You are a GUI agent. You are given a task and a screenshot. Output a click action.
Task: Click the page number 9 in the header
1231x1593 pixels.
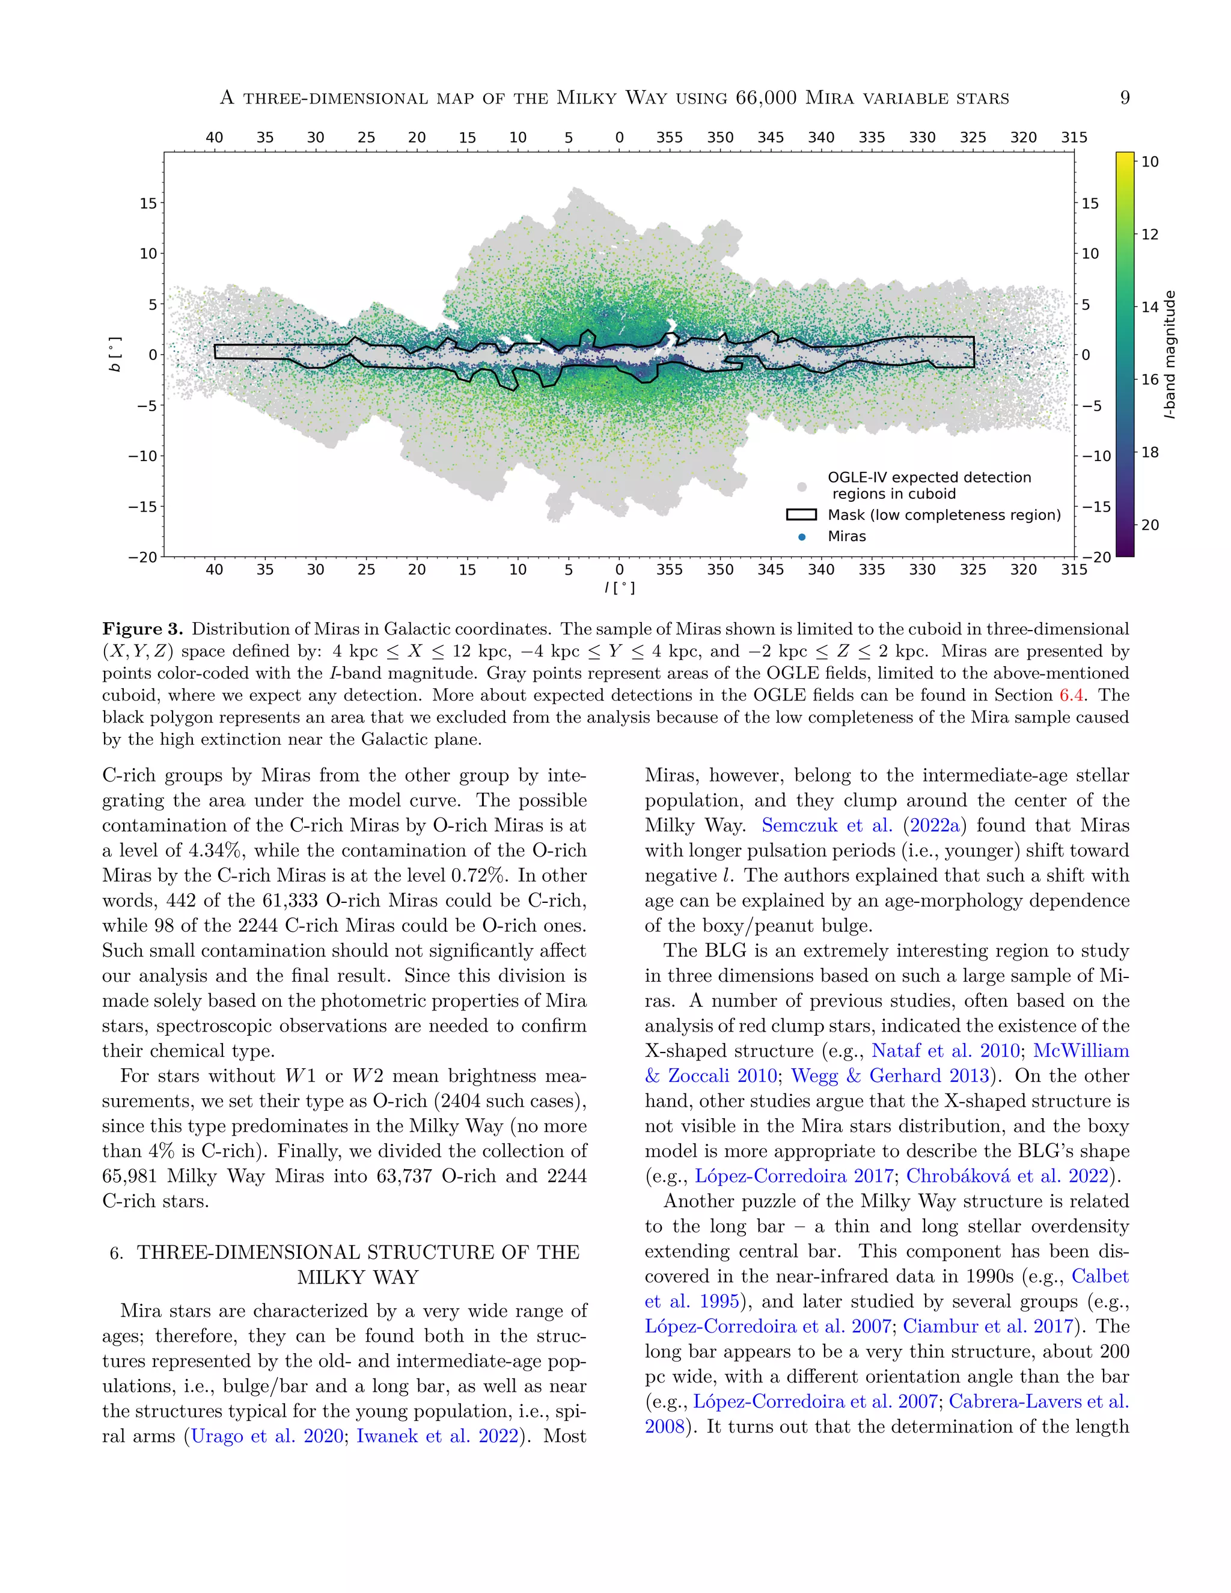(1125, 98)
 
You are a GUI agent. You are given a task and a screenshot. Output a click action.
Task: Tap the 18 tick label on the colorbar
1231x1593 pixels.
(1150, 452)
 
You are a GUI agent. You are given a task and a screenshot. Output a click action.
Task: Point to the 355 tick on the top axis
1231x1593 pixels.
(670, 137)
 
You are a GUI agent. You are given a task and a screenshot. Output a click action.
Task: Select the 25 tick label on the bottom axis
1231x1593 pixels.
(366, 570)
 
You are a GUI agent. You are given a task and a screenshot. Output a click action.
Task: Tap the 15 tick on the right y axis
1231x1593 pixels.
(1090, 204)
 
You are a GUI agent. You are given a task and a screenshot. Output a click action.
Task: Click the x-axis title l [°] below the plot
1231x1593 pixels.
(619, 588)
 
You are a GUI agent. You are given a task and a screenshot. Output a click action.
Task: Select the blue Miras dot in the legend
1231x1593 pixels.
(802, 537)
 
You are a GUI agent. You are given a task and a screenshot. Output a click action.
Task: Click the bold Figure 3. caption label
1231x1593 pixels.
(143, 629)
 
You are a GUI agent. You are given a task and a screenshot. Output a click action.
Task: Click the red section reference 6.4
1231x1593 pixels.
(1071, 695)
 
